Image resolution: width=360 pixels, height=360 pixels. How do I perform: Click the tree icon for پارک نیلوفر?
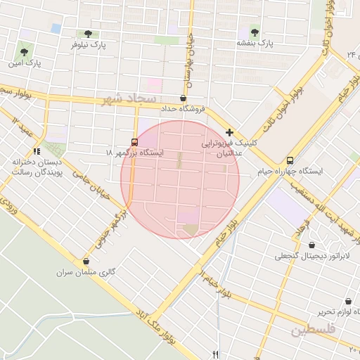pos(88,33)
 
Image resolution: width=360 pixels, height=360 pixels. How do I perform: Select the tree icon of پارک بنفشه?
pos(254,32)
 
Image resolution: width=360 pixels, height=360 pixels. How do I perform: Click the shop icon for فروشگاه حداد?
pos(184,98)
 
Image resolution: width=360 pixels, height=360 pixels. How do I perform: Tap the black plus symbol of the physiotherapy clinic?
pos(229,131)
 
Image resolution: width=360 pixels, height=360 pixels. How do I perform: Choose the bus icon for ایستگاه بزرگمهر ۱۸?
pos(135,141)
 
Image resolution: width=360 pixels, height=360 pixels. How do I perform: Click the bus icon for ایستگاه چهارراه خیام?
pos(290,160)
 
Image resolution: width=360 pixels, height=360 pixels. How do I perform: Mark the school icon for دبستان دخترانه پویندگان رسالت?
pos(37,151)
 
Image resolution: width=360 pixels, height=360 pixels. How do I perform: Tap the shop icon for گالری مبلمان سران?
pos(86,261)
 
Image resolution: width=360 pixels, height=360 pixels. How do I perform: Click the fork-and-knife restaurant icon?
pos(216,354)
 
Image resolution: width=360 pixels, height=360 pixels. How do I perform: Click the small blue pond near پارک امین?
pos(56,28)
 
